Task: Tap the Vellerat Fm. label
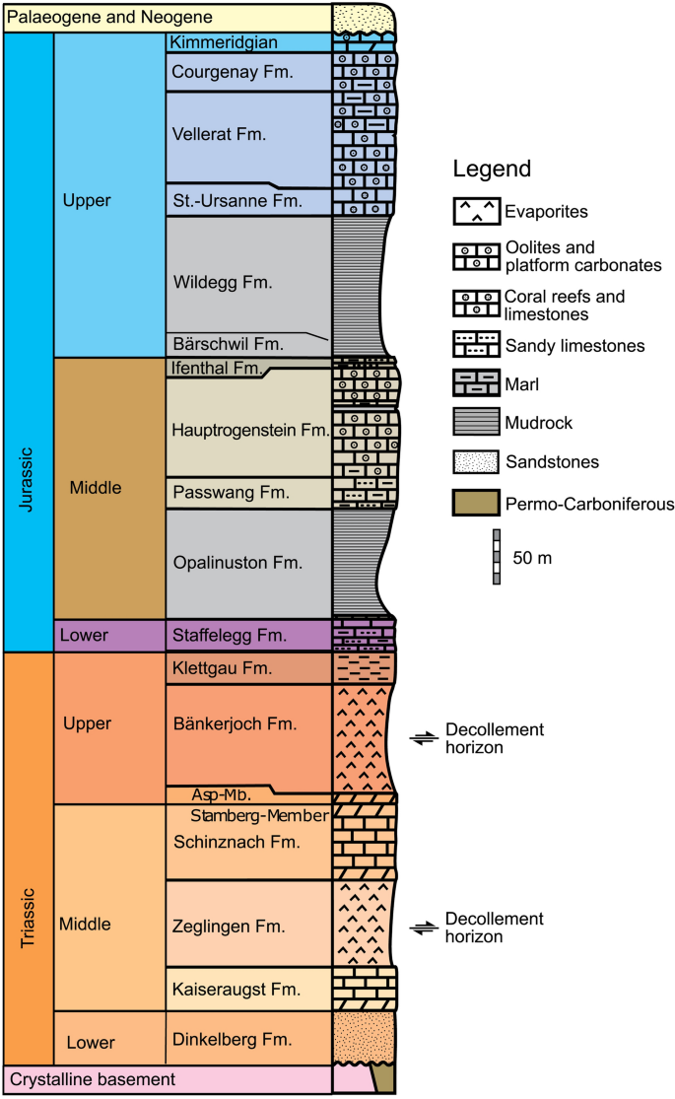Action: tap(219, 134)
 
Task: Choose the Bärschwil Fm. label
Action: tap(227, 345)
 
